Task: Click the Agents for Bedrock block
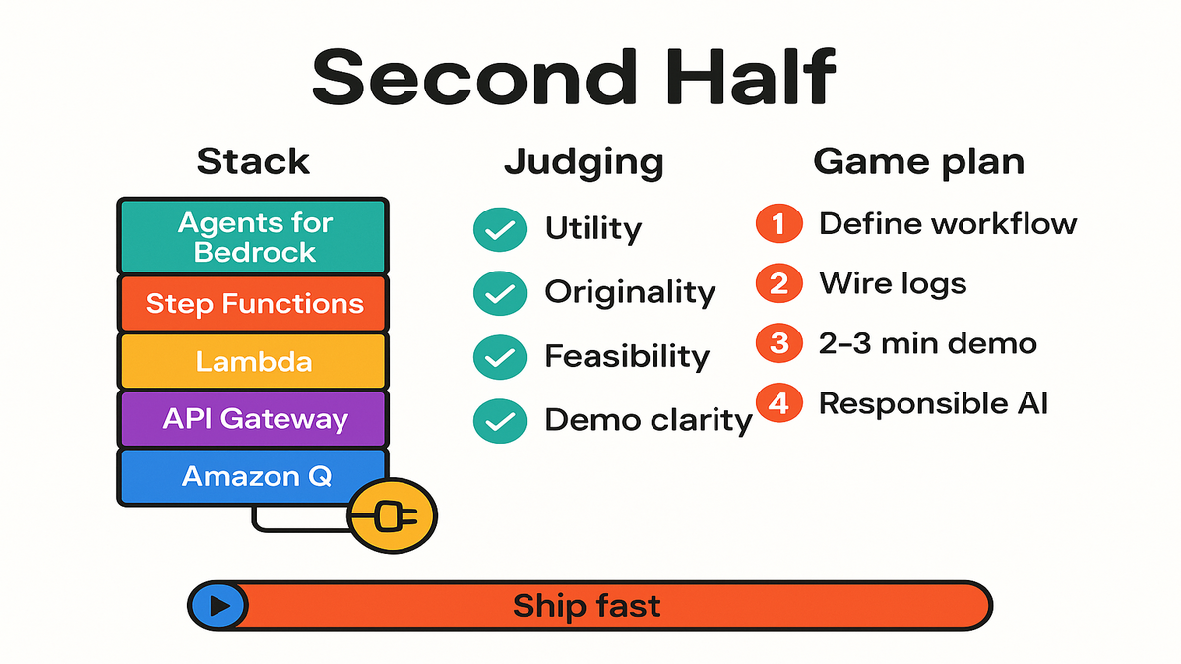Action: click(x=253, y=236)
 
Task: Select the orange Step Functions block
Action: click(x=253, y=304)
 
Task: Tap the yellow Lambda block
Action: click(x=253, y=362)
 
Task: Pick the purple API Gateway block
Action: click(x=253, y=419)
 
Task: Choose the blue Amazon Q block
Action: click(x=253, y=476)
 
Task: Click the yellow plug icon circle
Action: click(x=393, y=515)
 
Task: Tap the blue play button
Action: click(x=218, y=606)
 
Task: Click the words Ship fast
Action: click(x=587, y=606)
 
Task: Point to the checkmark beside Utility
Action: click(x=500, y=229)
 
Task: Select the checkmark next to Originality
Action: click(x=500, y=293)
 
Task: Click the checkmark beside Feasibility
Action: click(x=500, y=357)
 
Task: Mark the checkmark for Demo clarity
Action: click(x=500, y=421)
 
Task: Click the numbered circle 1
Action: click(x=779, y=223)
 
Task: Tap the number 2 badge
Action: click(x=779, y=283)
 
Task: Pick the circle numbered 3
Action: click(x=779, y=343)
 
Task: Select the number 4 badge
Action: click(x=779, y=403)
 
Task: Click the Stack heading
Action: click(x=253, y=161)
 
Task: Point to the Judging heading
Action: click(x=585, y=163)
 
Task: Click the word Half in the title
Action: click(x=750, y=77)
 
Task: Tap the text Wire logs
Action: click(x=893, y=284)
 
